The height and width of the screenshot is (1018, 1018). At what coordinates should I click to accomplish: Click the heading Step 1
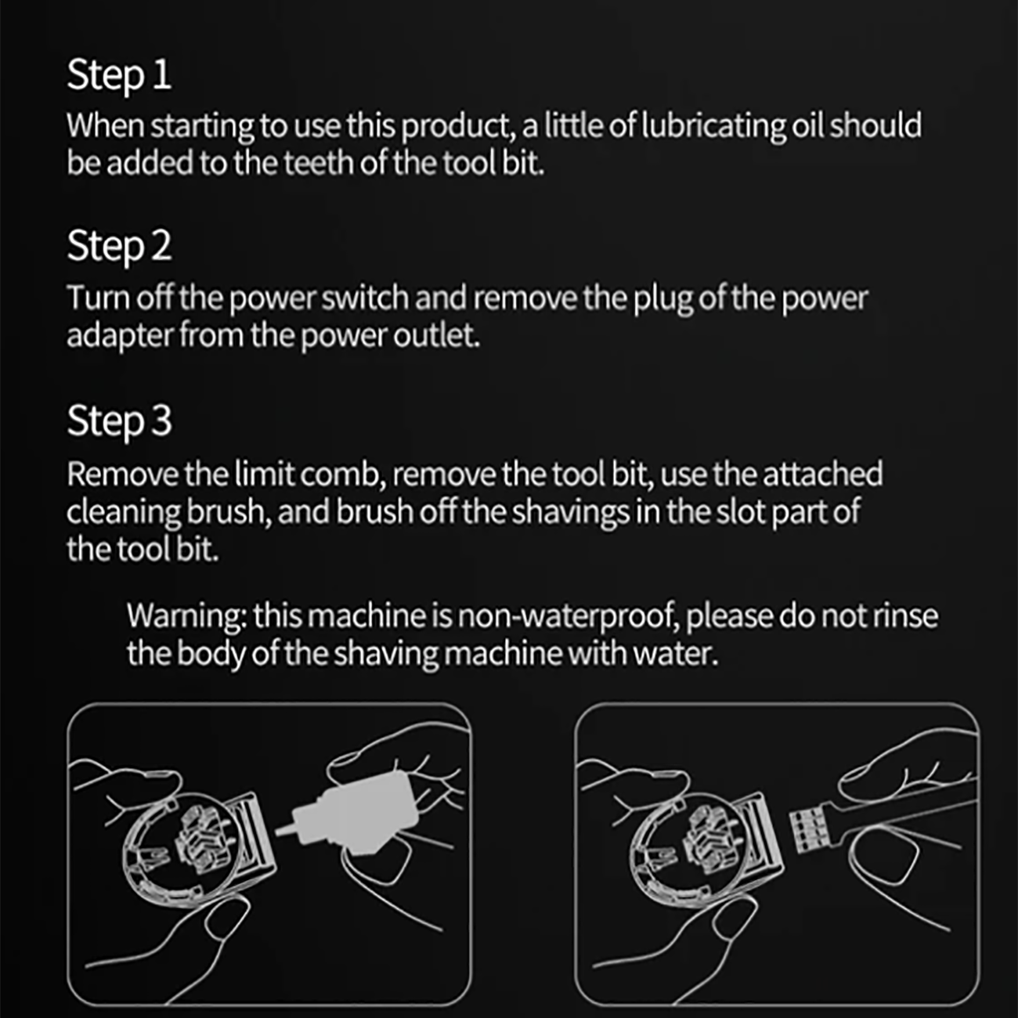click(119, 76)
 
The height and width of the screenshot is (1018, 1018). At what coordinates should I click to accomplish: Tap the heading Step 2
click(119, 247)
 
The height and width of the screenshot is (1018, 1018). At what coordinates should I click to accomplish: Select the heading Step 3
click(119, 422)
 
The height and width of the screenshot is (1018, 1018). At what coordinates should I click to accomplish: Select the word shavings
click(571, 513)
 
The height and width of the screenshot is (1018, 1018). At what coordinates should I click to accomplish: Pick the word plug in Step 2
click(663, 300)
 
